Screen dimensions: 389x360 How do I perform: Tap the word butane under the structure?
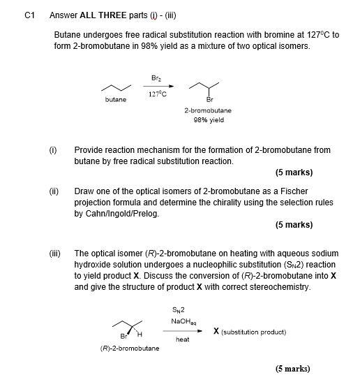[116, 101]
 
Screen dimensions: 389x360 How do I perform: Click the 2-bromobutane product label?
[208, 110]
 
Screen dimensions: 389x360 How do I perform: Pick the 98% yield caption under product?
[208, 119]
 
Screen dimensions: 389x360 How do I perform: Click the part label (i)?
[52, 150]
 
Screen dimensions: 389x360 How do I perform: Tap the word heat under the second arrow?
[182, 339]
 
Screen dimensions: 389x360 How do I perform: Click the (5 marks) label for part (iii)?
[292, 369]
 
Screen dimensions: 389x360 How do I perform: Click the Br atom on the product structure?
[208, 99]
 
